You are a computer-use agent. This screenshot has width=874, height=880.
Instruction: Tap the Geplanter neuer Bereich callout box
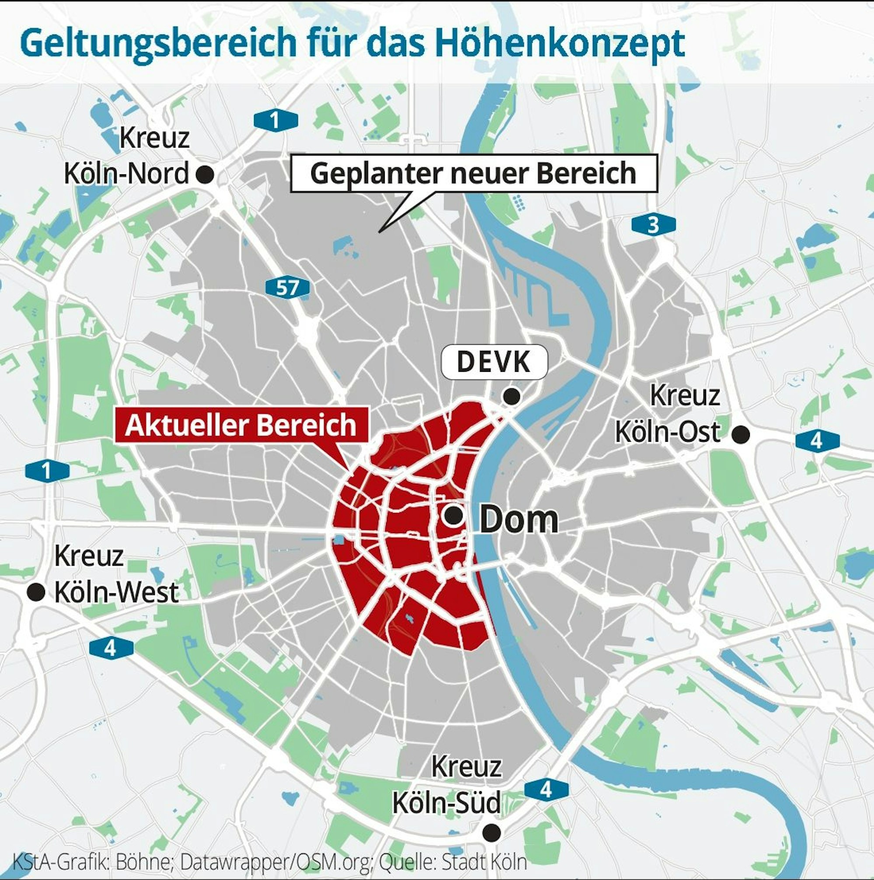tap(474, 173)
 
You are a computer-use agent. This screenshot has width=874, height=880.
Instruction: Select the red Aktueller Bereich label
tap(240, 425)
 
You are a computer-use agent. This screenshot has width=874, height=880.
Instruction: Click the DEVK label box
tap(494, 362)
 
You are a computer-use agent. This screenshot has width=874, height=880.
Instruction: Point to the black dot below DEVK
tap(511, 396)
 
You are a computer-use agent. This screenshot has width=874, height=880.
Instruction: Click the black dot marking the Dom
tap(454, 516)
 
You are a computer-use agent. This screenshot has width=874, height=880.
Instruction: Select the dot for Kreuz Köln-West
tap(36, 592)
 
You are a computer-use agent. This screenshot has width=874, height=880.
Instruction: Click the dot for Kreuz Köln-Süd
tap(491, 833)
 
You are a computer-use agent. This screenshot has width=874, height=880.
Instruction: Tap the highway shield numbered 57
tap(288, 288)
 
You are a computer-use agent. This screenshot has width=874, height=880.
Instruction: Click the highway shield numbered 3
tap(654, 225)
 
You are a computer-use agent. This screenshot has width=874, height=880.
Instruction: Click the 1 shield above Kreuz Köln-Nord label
tap(275, 121)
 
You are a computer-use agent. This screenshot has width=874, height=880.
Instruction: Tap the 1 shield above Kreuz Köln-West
tap(47, 471)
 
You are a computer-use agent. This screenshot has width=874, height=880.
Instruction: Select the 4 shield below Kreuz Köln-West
tap(111, 648)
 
